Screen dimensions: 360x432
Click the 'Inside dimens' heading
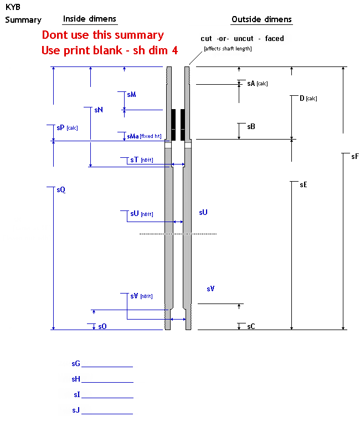click(90, 19)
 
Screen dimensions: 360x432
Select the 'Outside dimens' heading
click(261, 19)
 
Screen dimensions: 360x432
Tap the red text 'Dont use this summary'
click(103, 35)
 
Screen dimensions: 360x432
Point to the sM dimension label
click(131, 95)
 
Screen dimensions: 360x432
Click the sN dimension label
click(99, 110)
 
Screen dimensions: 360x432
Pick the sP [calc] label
click(67, 127)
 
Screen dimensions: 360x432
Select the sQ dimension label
click(61, 190)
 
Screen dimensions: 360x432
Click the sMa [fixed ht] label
click(144, 136)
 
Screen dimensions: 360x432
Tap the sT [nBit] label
click(142, 160)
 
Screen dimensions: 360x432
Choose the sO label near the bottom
click(102, 326)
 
